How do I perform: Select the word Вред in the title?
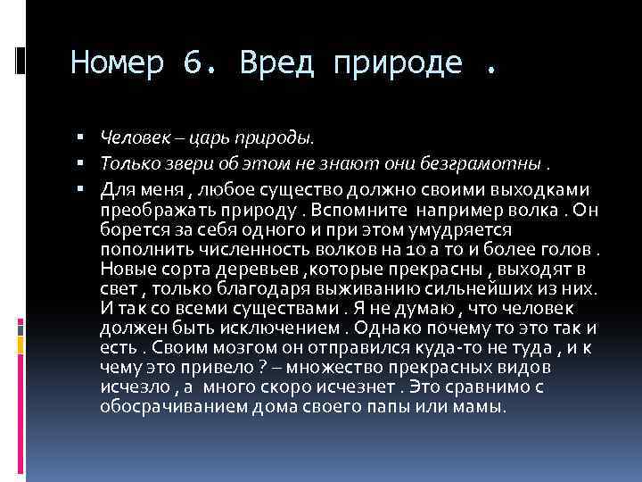[x=276, y=64]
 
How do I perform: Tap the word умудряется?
[x=485, y=228]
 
